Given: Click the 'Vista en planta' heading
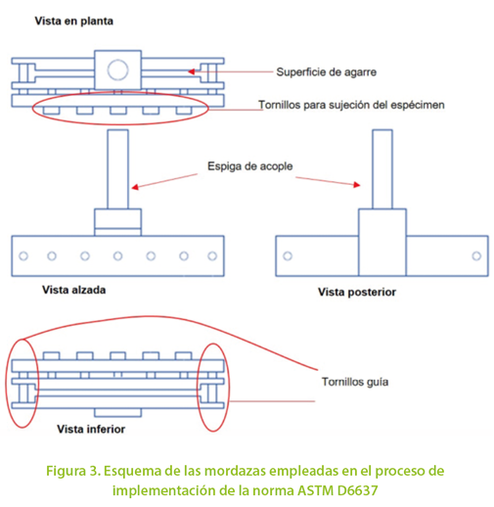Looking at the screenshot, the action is pos(74,22).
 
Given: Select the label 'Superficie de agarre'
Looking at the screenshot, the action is pos(327,72).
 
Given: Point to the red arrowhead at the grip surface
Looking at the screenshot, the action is pos(192,71).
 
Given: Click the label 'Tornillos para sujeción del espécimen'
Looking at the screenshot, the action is pos(351,105).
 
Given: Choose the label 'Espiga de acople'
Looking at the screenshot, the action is pos(250,166).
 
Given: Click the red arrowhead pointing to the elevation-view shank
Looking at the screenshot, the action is pos(135,187).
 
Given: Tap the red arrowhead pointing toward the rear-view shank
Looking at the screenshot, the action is pos(357,185).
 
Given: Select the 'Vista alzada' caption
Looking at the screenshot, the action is pos(74,290).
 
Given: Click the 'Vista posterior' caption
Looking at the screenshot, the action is pos(357,292).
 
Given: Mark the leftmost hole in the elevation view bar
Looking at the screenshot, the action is pos(23,256).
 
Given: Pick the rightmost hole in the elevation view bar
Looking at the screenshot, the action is pos(212,256).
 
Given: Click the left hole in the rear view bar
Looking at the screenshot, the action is pos(288,256).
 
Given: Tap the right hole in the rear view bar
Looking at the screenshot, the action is pos(476,256).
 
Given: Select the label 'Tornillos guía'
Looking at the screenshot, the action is pos(355,382).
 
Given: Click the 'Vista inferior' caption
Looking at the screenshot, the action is pos(91,429).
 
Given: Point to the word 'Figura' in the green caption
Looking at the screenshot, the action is pos(66,472).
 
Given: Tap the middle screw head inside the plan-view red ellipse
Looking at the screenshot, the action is pos(118,111).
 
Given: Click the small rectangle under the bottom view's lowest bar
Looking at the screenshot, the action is pos(118,413).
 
